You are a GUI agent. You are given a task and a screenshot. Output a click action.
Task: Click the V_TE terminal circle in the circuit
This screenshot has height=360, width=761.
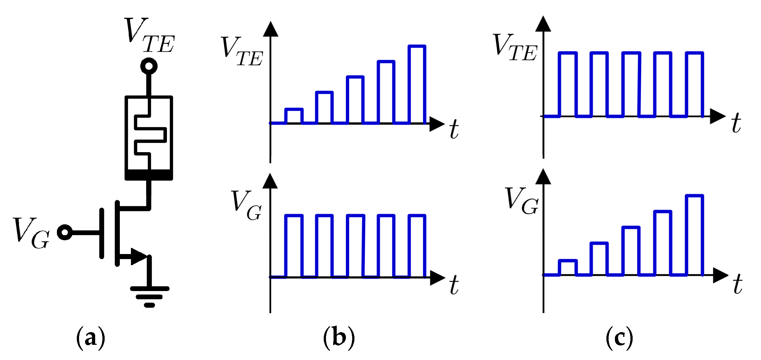tap(149, 66)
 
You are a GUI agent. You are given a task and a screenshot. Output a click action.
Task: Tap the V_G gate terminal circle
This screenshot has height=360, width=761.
tap(65, 232)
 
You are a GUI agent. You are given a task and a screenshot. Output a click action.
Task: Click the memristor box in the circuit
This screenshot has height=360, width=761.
tap(149, 138)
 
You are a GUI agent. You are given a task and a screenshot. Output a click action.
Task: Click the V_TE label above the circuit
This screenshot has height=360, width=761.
tap(149, 35)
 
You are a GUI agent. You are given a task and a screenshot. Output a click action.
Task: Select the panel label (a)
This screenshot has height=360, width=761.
tap(90, 338)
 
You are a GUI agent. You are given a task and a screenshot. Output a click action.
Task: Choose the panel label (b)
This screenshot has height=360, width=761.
tap(339, 338)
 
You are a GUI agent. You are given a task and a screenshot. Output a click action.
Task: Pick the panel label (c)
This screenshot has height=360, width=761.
tap(619, 338)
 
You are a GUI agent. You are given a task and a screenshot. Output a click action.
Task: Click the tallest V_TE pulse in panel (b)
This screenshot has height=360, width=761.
tap(417, 84)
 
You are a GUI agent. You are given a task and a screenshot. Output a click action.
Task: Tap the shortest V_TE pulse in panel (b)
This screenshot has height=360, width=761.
tap(294, 116)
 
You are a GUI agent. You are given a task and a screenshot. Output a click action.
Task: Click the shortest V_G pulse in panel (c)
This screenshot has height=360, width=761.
tap(568, 267)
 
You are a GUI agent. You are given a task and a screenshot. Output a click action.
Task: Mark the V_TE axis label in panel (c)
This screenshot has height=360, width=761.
tap(515, 47)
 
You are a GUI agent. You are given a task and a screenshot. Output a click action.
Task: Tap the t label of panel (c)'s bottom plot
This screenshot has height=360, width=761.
tap(738, 284)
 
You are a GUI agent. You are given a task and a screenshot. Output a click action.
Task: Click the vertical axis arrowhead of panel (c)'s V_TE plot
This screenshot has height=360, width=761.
tap(543, 24)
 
